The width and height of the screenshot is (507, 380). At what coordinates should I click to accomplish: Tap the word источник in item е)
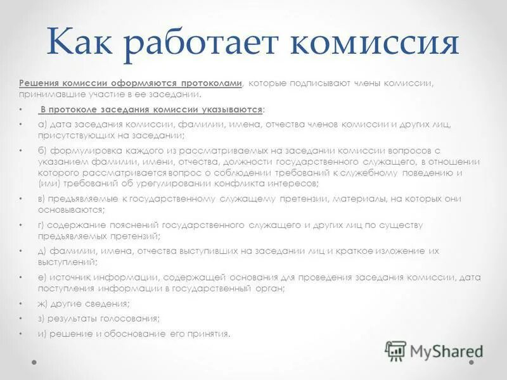pyautogui.click(x=69, y=277)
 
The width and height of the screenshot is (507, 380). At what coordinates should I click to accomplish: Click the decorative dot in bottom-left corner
pyautogui.click(x=35, y=362)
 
